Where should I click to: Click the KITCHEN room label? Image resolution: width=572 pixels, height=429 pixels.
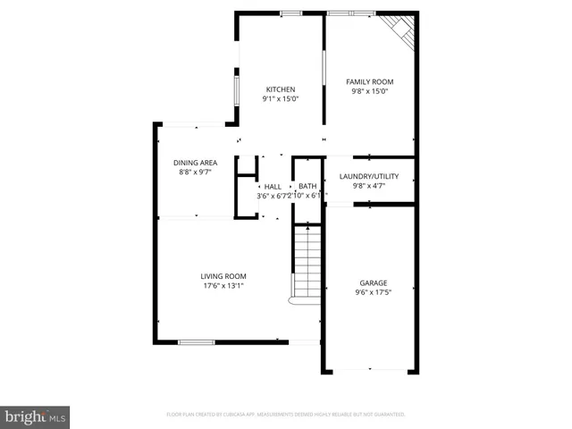[x=280, y=89]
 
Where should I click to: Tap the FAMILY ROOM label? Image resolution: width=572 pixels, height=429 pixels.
[x=370, y=81]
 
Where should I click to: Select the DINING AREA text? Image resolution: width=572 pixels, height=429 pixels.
[x=196, y=163]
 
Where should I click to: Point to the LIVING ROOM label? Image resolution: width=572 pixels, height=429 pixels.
[x=223, y=276]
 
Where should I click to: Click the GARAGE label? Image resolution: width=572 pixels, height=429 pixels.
[x=374, y=282]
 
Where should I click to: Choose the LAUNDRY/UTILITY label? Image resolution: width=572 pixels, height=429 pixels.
[x=369, y=177]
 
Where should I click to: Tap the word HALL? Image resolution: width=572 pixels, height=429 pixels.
[x=273, y=187]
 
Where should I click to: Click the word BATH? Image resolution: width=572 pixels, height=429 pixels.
[x=307, y=187]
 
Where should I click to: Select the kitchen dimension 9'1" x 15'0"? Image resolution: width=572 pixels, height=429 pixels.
[x=280, y=99]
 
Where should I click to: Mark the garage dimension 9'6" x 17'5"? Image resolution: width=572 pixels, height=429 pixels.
[x=374, y=292]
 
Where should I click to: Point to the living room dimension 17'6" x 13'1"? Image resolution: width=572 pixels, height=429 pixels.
[x=223, y=286]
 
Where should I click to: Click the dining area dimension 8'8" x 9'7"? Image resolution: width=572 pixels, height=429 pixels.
[x=196, y=172]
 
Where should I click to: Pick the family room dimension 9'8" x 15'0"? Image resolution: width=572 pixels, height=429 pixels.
[x=370, y=91]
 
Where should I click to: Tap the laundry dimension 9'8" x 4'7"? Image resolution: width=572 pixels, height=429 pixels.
[x=369, y=187]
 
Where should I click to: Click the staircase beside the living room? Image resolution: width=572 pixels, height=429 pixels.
[x=307, y=265]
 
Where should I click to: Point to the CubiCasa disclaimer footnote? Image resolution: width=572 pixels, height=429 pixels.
[x=286, y=415]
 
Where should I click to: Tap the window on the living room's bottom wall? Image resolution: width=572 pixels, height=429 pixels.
[x=196, y=341]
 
